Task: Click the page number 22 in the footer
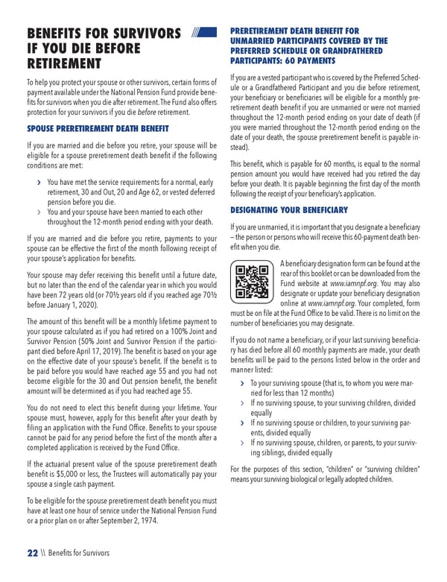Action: pos(31,553)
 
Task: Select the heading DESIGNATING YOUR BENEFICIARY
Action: pos(289,210)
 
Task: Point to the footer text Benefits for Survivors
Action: pos(77,553)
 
